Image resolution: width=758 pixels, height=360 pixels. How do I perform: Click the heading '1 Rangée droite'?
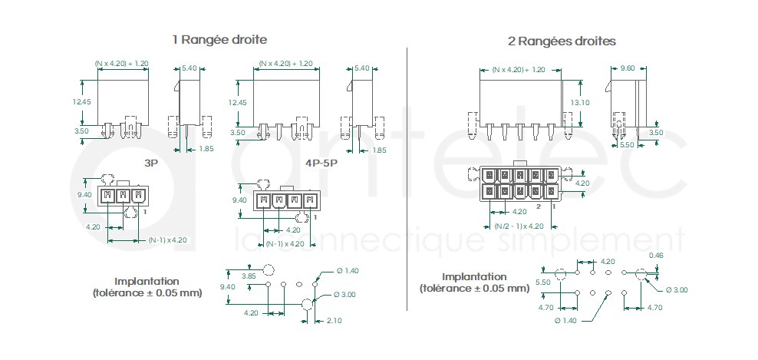pos(219,39)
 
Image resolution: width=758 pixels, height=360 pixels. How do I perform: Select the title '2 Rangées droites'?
pos(562,41)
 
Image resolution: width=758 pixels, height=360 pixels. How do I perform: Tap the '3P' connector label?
pos(151,163)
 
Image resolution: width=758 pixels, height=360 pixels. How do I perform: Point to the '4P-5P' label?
pos(321,163)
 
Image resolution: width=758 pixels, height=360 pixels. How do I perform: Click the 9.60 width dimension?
pos(628,68)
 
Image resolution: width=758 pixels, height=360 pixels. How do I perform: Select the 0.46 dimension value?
pos(656,256)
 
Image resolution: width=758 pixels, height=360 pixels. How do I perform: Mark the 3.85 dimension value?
pos(249,276)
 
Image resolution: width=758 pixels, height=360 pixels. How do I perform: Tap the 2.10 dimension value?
pos(334,320)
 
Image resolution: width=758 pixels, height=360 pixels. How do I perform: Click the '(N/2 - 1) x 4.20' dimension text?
pos(519,226)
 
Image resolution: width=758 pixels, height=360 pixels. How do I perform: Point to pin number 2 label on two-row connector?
pos(538,206)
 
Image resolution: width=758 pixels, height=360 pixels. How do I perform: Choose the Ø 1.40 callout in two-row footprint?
pos(566,320)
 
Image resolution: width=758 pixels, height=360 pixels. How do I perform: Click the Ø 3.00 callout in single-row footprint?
pos(344,295)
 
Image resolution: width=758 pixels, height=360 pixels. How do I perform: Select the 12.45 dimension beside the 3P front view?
pos(82,101)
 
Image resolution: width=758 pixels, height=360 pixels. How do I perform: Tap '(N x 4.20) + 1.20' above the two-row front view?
pos(519,70)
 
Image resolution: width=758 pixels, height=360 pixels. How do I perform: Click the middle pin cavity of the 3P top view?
pos(124,196)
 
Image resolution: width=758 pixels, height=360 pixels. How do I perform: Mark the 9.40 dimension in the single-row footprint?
pos(227,287)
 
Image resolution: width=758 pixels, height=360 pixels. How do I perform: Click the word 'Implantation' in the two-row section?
pos(475,277)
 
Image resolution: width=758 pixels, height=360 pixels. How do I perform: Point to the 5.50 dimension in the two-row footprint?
pos(543,282)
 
